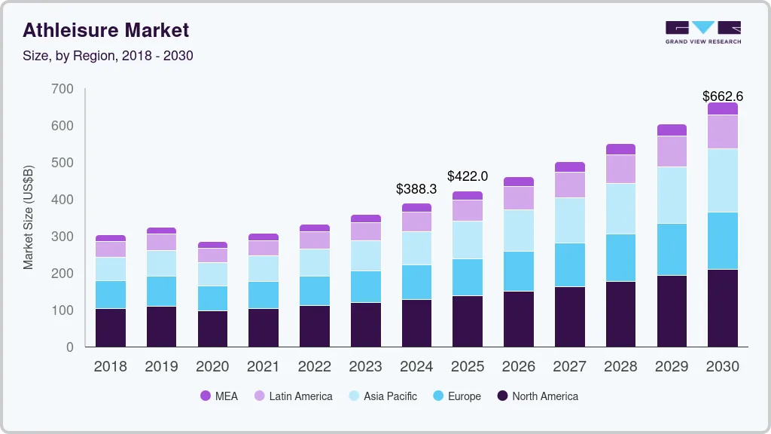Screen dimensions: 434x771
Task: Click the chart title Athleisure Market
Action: [x=105, y=30]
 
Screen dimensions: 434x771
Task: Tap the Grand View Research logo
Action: [x=703, y=32]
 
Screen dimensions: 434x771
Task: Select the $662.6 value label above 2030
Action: [x=722, y=96]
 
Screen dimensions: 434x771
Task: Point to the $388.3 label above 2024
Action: [x=416, y=189]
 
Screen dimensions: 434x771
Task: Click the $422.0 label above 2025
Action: [x=468, y=176]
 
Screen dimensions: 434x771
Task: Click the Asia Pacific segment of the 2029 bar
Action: [x=672, y=195]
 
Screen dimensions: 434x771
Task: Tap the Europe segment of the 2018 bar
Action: [x=111, y=295]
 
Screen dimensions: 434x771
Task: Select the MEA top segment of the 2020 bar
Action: [x=212, y=245]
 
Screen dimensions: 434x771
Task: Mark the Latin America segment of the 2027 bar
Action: [x=569, y=185]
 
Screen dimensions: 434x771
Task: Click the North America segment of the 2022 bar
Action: [x=314, y=325]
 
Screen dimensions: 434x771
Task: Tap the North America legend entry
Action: [x=537, y=396]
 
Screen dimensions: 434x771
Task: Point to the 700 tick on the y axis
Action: [x=63, y=89]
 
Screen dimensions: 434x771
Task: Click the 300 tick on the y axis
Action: [x=63, y=237]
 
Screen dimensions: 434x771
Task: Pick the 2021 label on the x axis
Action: [x=264, y=367]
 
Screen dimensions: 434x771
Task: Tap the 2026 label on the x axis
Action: [x=518, y=367]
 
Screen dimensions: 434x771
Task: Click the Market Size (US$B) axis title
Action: [x=29, y=217]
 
